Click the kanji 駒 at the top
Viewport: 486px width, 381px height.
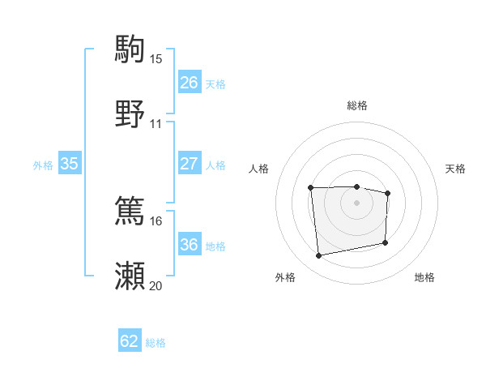(130, 49)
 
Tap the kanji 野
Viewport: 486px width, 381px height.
(130, 113)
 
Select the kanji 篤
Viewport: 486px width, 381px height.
(130, 211)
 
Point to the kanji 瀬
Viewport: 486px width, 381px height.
(130, 276)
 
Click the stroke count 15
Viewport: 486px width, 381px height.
(156, 59)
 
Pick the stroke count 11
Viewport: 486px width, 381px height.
(156, 124)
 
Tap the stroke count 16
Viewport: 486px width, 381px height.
(156, 220)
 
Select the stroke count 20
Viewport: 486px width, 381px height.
(156, 285)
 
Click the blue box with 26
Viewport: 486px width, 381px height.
(189, 83)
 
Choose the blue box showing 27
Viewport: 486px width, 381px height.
(189, 164)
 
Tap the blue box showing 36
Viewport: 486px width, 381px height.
(189, 245)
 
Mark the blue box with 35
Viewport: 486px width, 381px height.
(69, 164)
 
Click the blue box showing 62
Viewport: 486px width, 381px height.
(130, 341)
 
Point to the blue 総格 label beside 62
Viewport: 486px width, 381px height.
(156, 343)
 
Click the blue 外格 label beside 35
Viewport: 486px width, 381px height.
(43, 165)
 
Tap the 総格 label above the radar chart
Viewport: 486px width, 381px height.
(356, 105)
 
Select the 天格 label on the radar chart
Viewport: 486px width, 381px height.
(455, 169)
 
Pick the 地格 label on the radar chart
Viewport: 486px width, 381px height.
(424, 277)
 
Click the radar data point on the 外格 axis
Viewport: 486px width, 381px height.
(319, 256)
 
